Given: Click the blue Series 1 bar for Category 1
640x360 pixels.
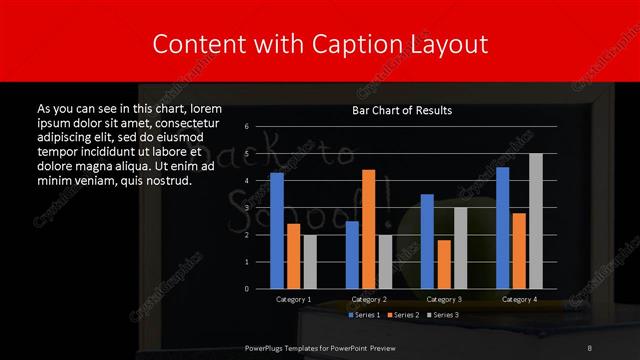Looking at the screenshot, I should (277, 230).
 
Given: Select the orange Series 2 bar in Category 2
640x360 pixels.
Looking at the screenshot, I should (368, 229).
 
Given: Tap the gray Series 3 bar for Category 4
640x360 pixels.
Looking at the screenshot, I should (535, 221).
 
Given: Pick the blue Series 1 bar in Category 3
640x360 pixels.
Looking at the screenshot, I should (427, 241).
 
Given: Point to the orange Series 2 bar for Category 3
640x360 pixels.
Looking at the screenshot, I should (443, 264).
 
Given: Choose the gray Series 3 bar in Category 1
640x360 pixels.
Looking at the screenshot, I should (309, 261).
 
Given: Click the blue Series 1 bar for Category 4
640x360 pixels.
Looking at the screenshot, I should (502, 228).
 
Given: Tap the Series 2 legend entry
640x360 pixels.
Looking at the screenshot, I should (402, 315).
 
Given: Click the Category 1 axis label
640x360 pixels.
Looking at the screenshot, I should (293, 299).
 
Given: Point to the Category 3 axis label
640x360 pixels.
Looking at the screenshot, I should (443, 299).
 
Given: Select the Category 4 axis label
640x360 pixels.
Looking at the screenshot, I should (518, 299).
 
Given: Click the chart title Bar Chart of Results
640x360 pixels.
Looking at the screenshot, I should (402, 110).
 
